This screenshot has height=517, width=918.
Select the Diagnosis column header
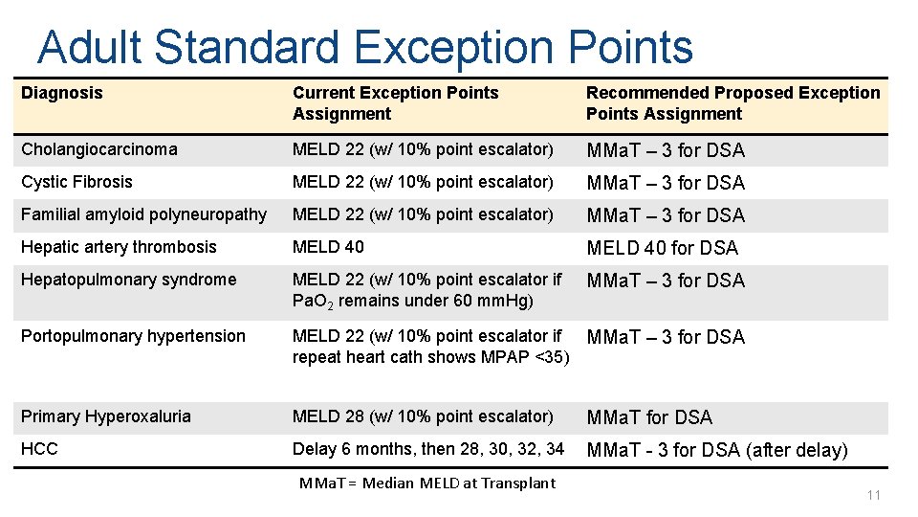61,93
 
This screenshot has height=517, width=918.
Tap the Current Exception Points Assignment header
395,103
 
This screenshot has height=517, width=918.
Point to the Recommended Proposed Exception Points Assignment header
732,103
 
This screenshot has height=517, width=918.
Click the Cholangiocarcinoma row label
98,149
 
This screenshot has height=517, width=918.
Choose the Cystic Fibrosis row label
76,182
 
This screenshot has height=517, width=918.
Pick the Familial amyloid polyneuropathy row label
143,214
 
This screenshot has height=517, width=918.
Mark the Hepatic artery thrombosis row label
119,247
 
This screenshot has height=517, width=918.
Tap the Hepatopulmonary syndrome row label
128,280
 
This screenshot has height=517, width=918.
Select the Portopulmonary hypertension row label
133,336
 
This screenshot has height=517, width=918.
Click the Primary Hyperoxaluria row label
105,416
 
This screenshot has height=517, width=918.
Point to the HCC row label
38,449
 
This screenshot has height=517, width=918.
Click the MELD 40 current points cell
328,247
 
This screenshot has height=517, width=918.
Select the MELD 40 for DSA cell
662,248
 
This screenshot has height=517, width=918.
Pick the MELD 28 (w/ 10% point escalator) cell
423,416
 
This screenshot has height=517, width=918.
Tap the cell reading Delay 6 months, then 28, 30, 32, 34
428,449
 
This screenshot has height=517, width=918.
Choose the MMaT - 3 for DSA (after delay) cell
716,450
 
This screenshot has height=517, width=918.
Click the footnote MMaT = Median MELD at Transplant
426,483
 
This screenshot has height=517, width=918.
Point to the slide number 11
872,495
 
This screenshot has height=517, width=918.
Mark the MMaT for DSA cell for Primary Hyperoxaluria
648,417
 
